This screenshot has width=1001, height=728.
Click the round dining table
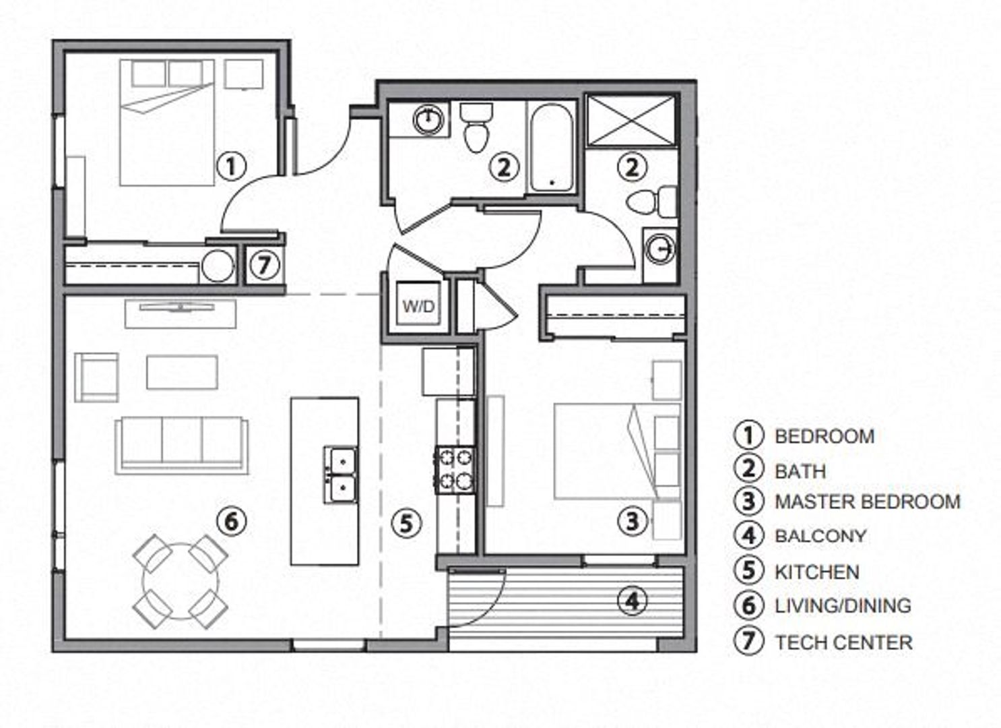(181, 581)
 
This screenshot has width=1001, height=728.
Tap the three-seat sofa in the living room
(182, 446)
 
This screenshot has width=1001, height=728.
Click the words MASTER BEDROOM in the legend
(868, 502)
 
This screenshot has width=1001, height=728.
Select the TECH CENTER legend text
(843, 642)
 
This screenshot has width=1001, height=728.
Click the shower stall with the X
(630, 120)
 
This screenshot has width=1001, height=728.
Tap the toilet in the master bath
(651, 202)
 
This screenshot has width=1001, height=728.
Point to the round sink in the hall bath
(428, 119)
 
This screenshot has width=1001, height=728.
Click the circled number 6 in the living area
(231, 522)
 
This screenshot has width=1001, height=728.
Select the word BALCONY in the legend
(820, 536)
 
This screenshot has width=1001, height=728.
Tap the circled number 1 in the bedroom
(231, 167)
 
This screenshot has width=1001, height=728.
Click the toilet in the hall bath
(476, 127)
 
